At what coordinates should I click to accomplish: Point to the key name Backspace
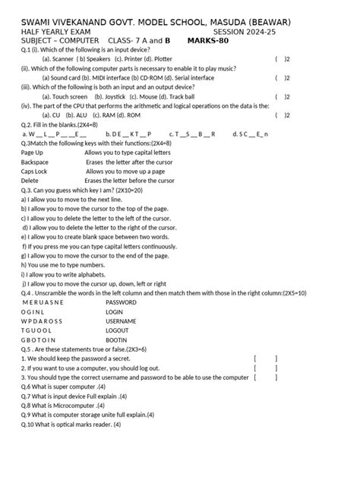pyautogui.click(x=35, y=163)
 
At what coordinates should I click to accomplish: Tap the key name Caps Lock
pyautogui.click(x=34, y=172)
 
